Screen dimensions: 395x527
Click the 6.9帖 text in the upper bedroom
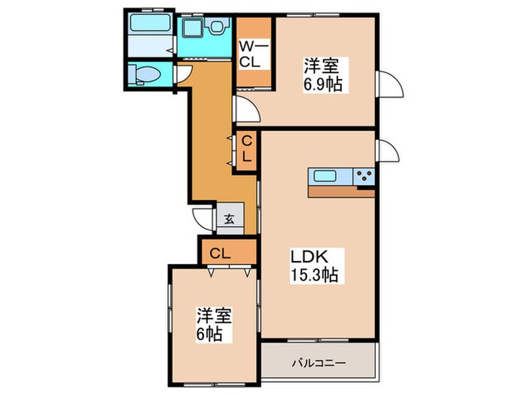click(321, 74)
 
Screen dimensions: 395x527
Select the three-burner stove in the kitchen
click(364, 178)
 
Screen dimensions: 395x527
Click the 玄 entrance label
click(228, 220)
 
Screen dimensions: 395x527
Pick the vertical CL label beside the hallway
click(246, 150)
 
